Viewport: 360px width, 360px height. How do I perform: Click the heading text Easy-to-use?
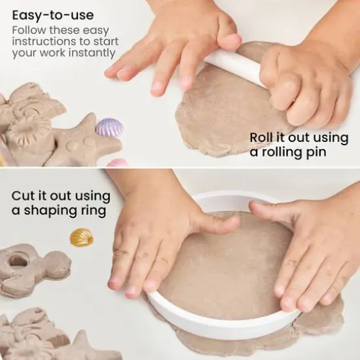point(53,14)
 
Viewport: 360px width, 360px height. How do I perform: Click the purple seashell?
point(109,127)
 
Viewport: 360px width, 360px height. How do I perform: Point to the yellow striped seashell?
point(82,237)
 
